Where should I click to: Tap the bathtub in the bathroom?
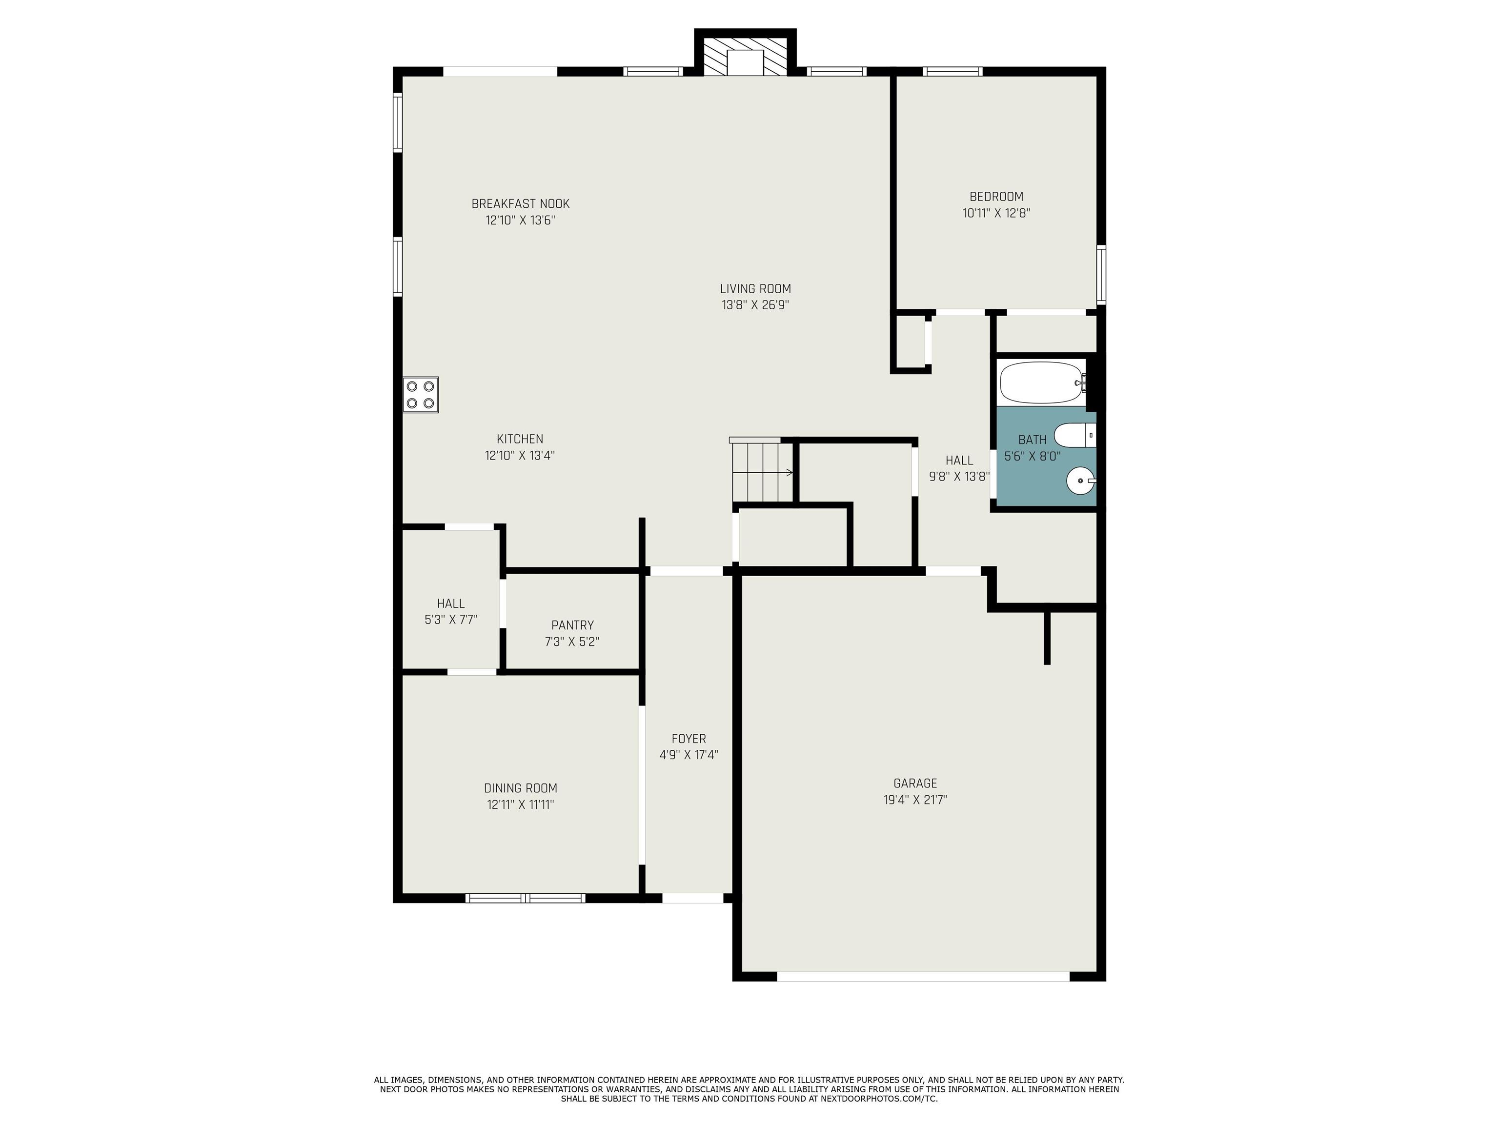pyautogui.click(x=1042, y=383)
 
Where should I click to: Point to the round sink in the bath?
pyautogui.click(x=1080, y=482)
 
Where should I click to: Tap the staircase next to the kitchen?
pyautogui.click(x=762, y=471)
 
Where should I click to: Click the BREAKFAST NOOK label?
pyautogui.click(x=521, y=203)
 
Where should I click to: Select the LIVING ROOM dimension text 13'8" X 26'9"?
pyautogui.click(x=755, y=305)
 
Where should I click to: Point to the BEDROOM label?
pyautogui.click(x=996, y=197)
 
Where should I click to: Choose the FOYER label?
pyautogui.click(x=689, y=739)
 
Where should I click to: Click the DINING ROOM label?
pyautogui.click(x=521, y=788)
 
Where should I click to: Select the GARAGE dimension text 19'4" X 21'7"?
pyautogui.click(x=915, y=800)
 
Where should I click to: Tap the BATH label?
pyautogui.click(x=1032, y=440)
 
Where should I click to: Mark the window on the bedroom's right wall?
pyautogui.click(x=1101, y=274)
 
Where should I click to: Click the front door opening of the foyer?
pyautogui.click(x=692, y=899)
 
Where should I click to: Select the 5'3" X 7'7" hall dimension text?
pyautogui.click(x=451, y=619)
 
